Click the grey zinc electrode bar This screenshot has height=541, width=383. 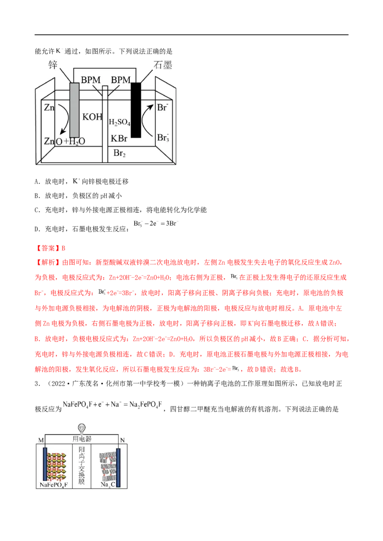pyautogui.click(x=74, y=110)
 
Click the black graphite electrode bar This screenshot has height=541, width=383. pyautogui.click(x=136, y=110)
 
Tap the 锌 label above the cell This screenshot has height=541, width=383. pyautogui.click(x=53, y=65)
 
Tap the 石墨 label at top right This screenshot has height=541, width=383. pyautogui.click(x=163, y=65)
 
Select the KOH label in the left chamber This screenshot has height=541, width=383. pyautogui.click(x=92, y=117)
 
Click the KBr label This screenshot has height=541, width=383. pyautogui.click(x=119, y=139)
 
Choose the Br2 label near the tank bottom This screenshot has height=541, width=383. pyautogui.click(x=119, y=153)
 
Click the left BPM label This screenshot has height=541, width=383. pyautogui.click(x=90, y=80)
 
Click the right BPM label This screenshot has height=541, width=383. pyautogui.click(x=121, y=80)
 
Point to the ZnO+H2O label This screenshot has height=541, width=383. pyautogui.click(x=64, y=141)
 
